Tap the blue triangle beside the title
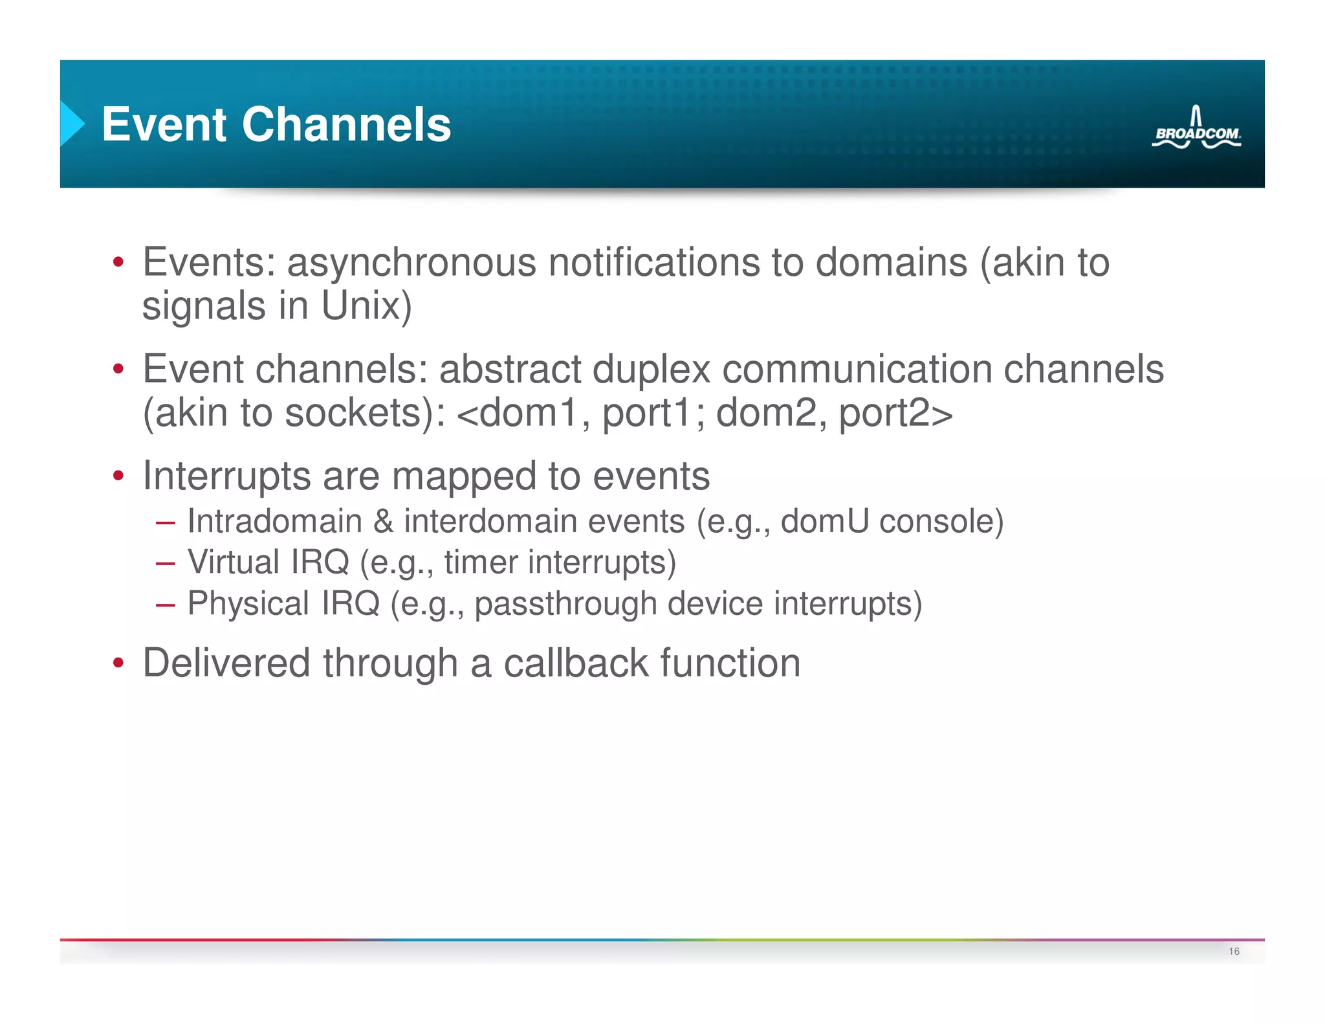pos(72,123)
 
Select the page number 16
pos(1234,951)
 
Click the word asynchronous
pos(411,263)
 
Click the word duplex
pos(651,370)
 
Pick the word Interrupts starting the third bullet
pos(226,476)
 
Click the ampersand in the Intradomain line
pos(383,521)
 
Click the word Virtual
pos(234,561)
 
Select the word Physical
pos(248,603)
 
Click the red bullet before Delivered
pos(118,664)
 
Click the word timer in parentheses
pos(481,561)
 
